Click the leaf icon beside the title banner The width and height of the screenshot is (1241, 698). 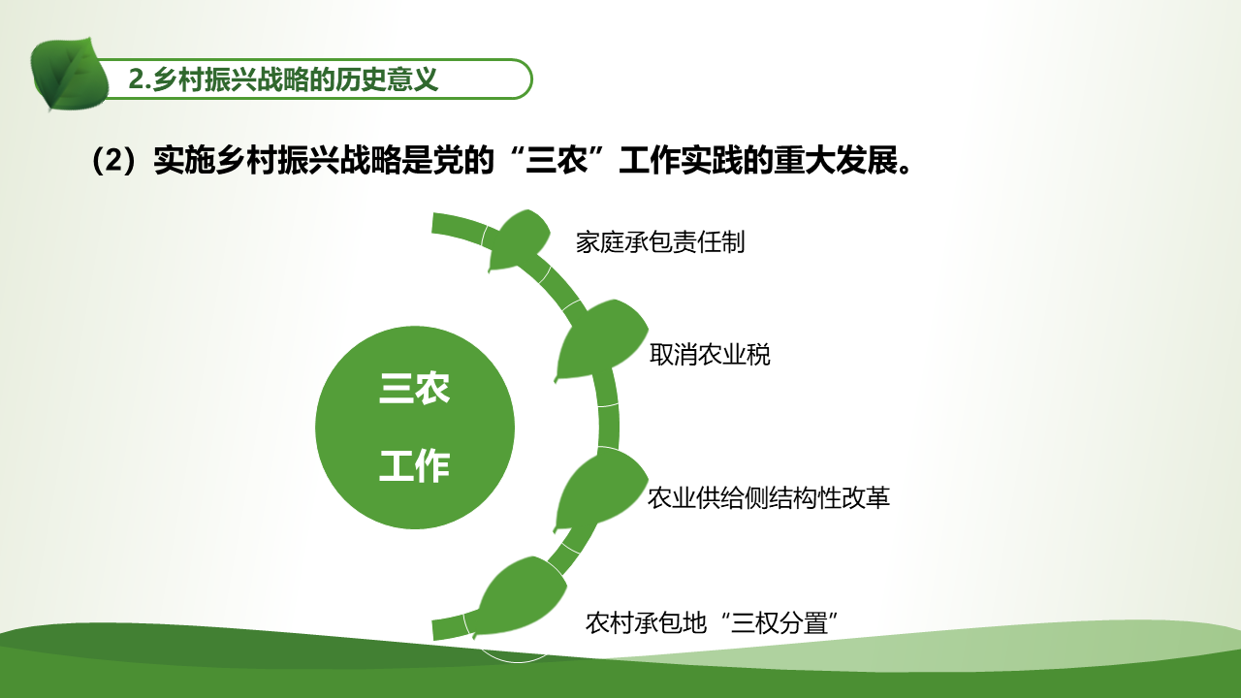coord(69,75)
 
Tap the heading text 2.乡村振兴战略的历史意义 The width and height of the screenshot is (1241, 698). coord(283,79)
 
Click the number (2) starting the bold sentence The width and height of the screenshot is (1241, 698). coord(113,161)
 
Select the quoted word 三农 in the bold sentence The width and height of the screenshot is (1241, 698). coord(557,160)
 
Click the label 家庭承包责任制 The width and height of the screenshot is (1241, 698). coord(660,242)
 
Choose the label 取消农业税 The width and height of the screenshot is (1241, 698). coord(710,355)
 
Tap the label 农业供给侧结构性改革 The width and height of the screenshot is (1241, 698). coord(769,497)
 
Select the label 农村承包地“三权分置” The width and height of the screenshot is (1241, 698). coord(712,622)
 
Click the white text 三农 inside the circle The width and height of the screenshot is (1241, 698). coord(414,388)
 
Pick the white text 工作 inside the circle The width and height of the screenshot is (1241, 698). coord(414,465)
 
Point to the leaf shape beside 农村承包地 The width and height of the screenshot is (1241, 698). coord(520,596)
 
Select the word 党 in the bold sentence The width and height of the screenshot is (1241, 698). coord(448,160)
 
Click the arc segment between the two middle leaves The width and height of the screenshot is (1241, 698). coord(608,409)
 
